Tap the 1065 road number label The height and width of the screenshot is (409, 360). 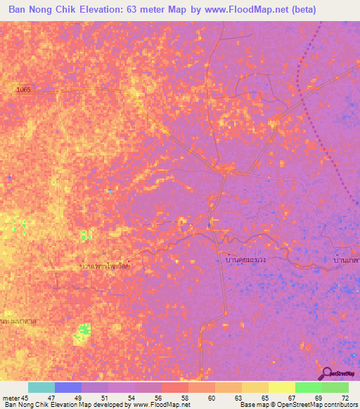[x=25, y=91]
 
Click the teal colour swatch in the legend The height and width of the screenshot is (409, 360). [x=41, y=387]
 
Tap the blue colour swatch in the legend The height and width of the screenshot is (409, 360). [x=68, y=387]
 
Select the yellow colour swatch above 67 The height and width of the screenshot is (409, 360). [x=281, y=387]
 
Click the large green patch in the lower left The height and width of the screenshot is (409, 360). [x=82, y=332]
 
